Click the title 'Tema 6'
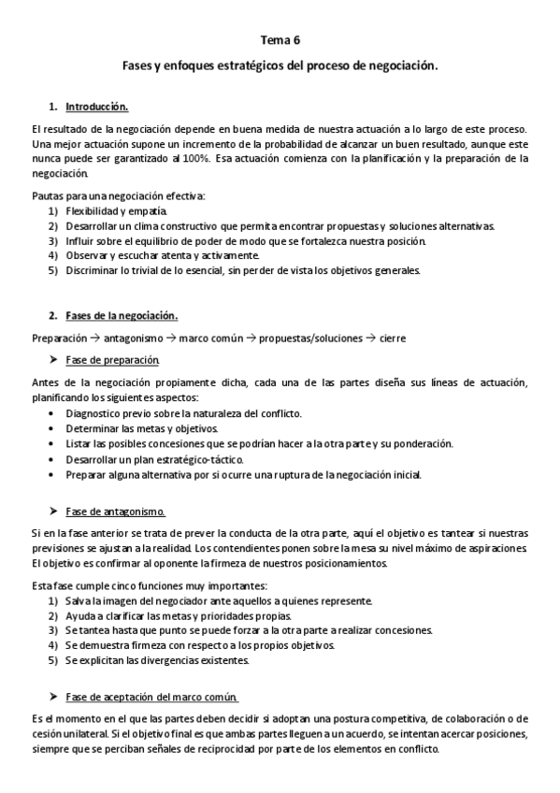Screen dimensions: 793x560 [x=280, y=40]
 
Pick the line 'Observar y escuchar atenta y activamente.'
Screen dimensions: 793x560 [x=162, y=255]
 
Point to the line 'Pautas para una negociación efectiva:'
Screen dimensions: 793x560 [x=118, y=195]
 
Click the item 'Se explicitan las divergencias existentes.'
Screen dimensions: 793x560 [x=157, y=659]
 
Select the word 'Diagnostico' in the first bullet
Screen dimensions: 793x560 [x=95, y=413]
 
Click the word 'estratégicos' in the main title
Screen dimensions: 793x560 [x=230, y=67]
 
